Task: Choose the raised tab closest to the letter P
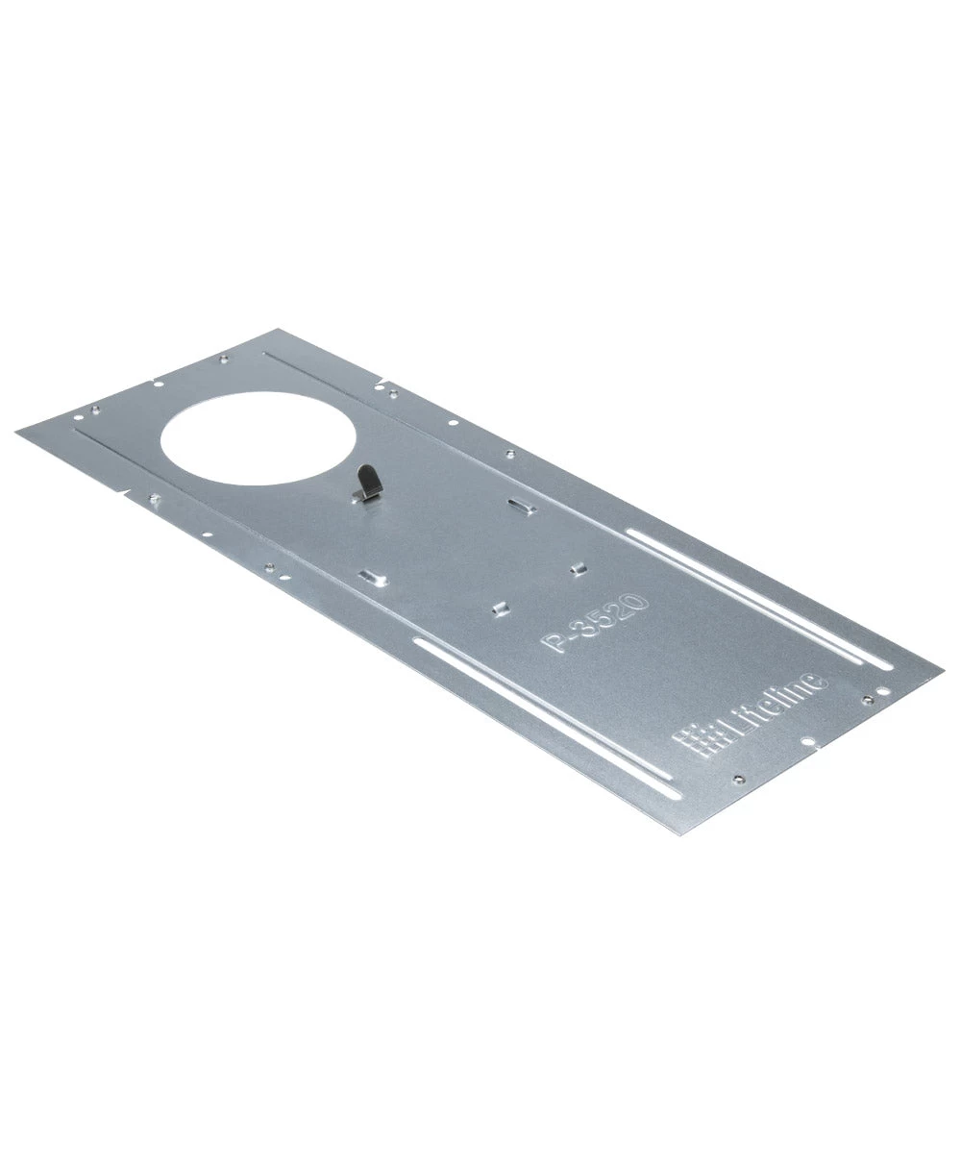point(500,607)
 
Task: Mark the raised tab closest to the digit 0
point(578,568)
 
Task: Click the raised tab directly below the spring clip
point(370,576)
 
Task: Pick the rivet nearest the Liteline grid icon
point(737,779)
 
